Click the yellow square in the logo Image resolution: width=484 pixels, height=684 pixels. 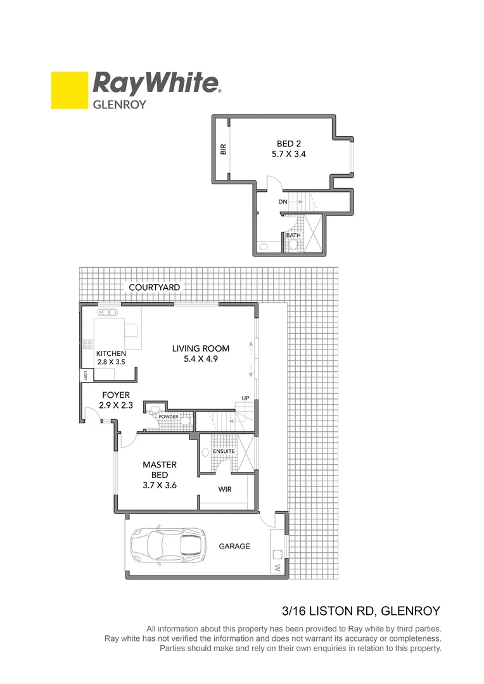[69, 90]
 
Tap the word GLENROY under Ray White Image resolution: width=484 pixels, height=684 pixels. [120, 105]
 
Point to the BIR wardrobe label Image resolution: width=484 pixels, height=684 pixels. [223, 150]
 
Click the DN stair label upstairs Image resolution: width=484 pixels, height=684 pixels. [283, 202]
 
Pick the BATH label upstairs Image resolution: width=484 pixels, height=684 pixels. [293, 236]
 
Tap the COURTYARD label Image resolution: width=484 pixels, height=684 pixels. [154, 288]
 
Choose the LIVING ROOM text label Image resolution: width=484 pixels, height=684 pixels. [201, 348]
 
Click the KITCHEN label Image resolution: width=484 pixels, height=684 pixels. [110, 353]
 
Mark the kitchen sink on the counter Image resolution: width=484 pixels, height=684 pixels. [108, 312]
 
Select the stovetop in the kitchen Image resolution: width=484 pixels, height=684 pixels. [88, 345]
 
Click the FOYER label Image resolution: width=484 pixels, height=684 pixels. [116, 395]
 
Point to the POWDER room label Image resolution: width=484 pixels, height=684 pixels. [169, 417]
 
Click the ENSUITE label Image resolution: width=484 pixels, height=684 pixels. [224, 451]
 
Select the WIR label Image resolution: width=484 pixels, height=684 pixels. [225, 490]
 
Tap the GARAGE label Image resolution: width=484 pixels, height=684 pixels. [234, 546]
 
